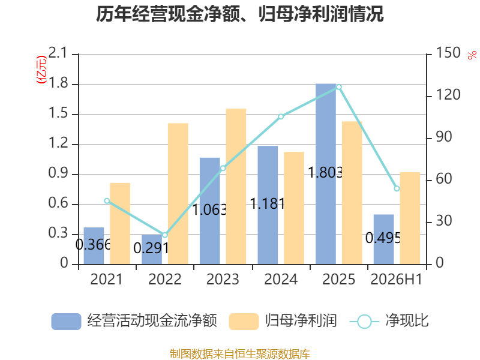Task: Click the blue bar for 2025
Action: click(326, 174)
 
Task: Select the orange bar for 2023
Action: click(236, 187)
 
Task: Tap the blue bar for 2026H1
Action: click(383, 239)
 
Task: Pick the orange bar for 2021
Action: click(120, 223)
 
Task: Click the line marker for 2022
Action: click(165, 235)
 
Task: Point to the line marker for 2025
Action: click(339, 87)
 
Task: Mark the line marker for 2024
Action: click(281, 116)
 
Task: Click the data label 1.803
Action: click(325, 173)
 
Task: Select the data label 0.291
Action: click(151, 248)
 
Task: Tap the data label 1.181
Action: click(268, 203)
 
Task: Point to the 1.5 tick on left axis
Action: click(58, 113)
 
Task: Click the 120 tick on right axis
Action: click(448, 95)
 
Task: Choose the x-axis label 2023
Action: click(223, 279)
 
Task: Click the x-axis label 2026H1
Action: click(397, 279)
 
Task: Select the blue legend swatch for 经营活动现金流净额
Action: click(66, 322)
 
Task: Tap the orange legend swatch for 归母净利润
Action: click(244, 322)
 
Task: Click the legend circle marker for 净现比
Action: click(364, 322)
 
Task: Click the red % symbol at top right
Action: click(472, 55)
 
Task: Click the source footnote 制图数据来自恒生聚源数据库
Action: click(240, 353)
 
